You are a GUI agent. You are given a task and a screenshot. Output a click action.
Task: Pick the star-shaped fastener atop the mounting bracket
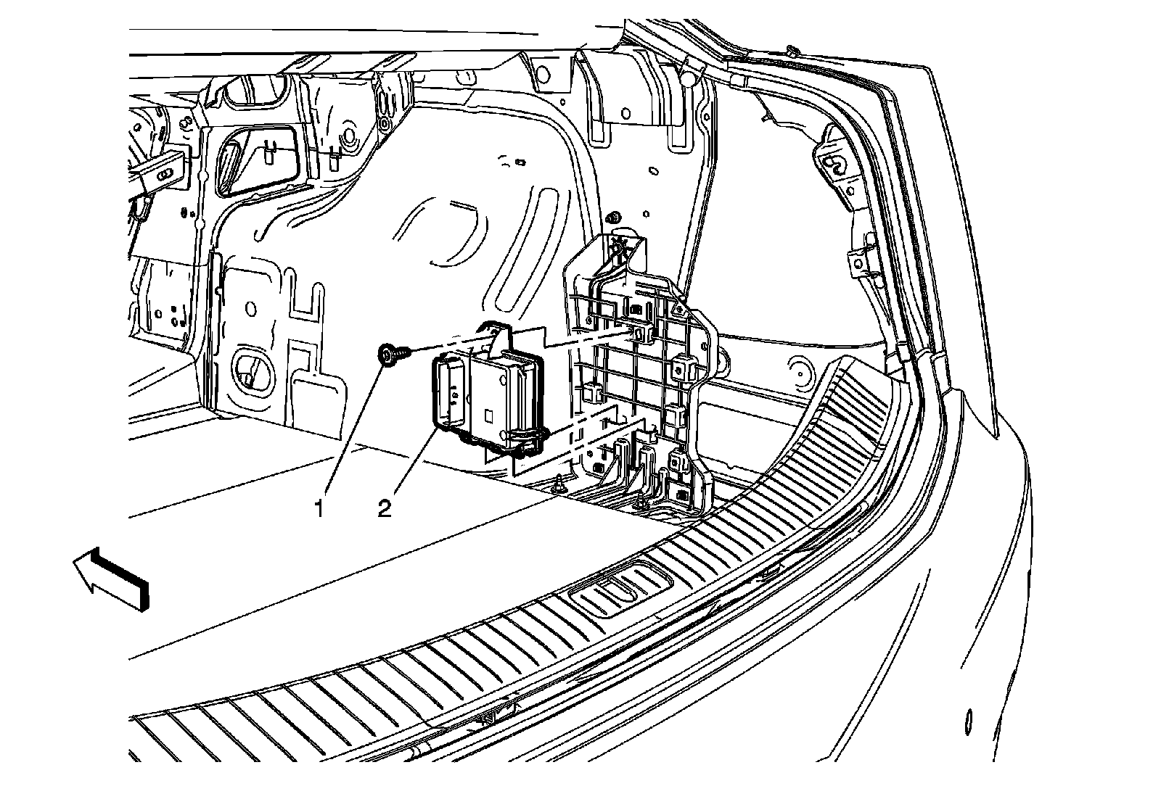point(619,244)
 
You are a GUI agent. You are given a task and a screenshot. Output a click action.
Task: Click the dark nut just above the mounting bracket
point(614,216)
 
